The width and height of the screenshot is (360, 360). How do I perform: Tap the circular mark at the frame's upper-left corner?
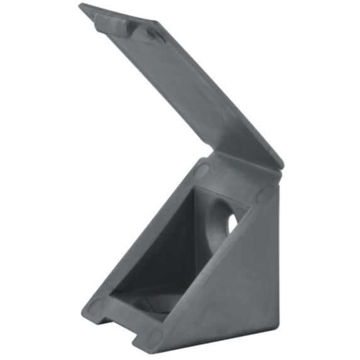[202, 170]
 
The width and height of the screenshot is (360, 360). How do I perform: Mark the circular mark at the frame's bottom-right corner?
[154, 339]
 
